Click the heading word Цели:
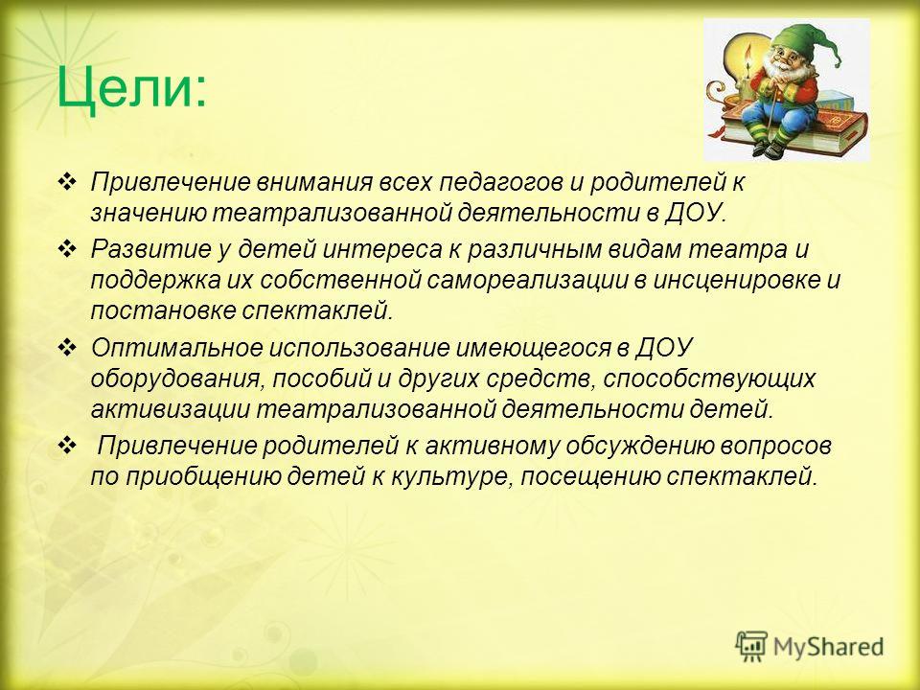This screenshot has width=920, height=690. coord(131,88)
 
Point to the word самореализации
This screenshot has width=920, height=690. coord(527,281)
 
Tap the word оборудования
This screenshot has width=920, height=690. coord(174,379)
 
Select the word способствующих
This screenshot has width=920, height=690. coord(709,379)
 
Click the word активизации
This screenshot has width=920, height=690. coord(171,409)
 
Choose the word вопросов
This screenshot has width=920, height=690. coord(775,446)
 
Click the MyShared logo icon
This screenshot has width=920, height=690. coord(751,646)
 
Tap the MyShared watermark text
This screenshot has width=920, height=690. coord(828,647)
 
